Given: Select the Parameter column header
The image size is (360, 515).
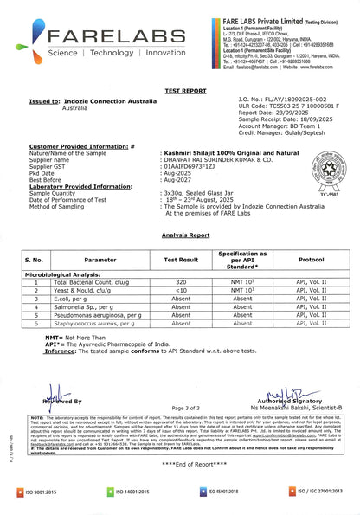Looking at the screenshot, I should coord(100,259).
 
